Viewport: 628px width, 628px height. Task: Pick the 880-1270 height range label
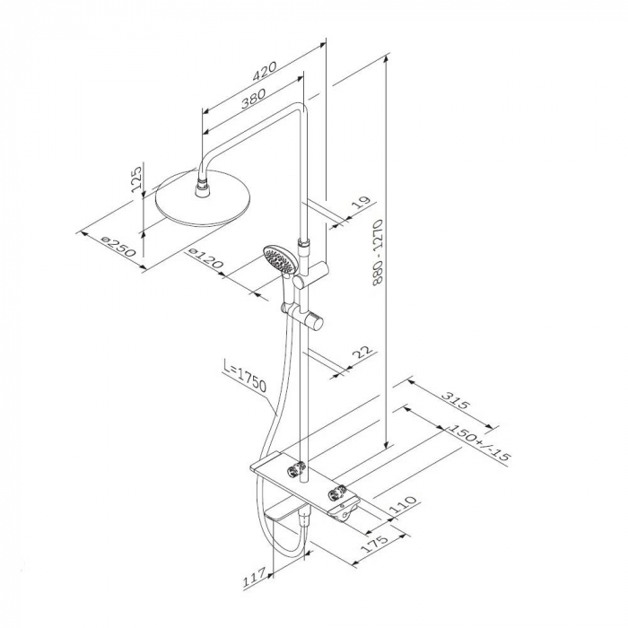378,256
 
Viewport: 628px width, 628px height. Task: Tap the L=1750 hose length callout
243,379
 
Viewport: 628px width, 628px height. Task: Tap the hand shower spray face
279,261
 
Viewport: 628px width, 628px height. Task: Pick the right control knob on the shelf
340,493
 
